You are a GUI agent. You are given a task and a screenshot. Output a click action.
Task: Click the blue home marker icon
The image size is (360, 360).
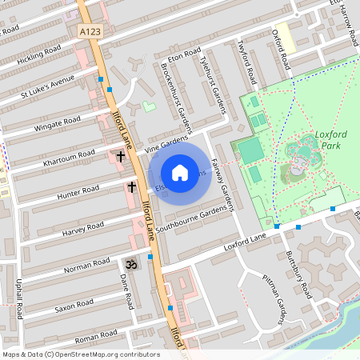click(180, 172)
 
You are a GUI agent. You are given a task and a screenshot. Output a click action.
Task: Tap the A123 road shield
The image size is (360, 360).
click(90, 31)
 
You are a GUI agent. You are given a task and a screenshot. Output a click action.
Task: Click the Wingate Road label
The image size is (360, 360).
click(57, 124)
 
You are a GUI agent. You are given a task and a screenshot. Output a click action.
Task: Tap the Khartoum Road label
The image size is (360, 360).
click(70, 154)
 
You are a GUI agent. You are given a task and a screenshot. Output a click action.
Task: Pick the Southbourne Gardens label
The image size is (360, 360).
click(193, 217)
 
